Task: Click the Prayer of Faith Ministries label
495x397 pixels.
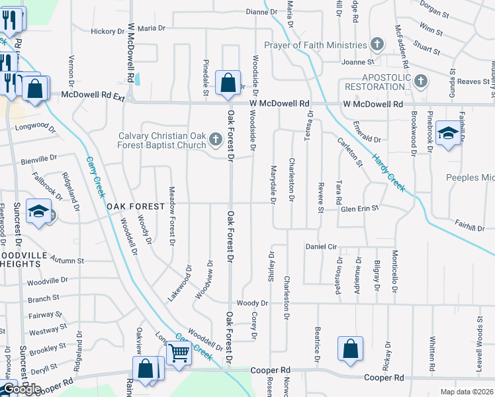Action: click(x=316, y=45)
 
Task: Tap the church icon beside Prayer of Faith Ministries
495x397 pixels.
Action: click(x=377, y=46)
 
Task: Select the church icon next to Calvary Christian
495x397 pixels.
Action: click(x=215, y=140)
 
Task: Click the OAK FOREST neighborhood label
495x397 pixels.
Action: click(x=136, y=206)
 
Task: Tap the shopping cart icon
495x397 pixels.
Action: click(x=179, y=352)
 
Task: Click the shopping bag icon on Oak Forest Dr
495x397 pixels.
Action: click(x=228, y=84)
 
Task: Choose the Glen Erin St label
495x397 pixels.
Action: click(x=359, y=208)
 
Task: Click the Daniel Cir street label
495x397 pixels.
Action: click(x=322, y=246)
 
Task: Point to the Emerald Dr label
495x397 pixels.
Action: click(x=367, y=140)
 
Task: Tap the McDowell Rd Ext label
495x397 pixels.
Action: click(x=93, y=95)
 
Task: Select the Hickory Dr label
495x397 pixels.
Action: click(x=103, y=31)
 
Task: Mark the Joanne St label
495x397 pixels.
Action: click(x=358, y=62)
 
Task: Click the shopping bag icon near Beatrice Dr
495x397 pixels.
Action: click(x=350, y=349)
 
